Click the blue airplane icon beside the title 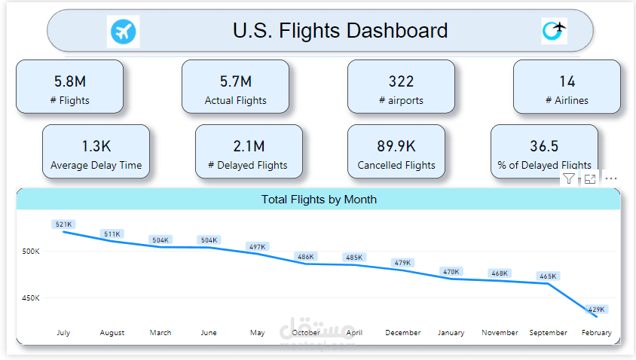[124, 32]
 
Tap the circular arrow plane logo [554, 31]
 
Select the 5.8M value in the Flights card [70, 81]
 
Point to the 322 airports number [401, 81]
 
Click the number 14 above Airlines [567, 81]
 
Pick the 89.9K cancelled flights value [396, 146]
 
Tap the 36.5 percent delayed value [544, 146]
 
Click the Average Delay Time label [96, 166]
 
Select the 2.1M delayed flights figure [249, 146]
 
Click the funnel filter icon [569, 178]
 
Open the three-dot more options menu [611, 178]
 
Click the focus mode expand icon [590, 178]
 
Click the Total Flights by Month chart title [319, 200]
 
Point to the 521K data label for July [64, 224]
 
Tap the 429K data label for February [596, 310]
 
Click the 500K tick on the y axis [31, 252]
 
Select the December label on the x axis [402, 332]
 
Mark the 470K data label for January [451, 272]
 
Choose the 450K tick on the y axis [31, 298]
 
